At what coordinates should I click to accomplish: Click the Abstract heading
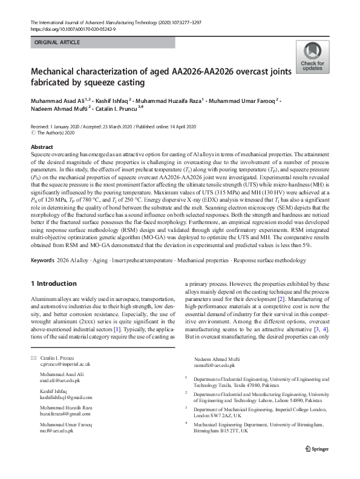click(42, 147)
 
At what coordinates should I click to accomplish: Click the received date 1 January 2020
click(68, 127)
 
